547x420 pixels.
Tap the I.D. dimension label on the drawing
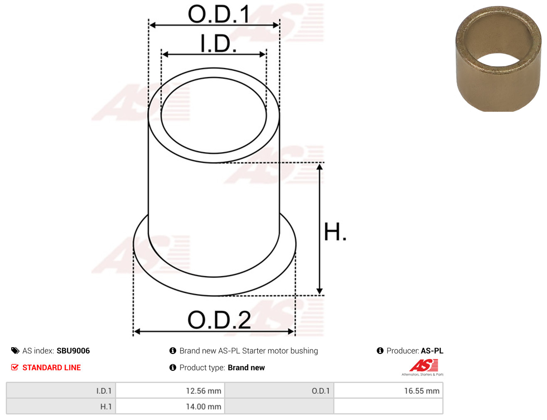pos(218,43)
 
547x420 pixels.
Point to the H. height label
pos(335,231)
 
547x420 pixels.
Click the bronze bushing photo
pos(498,59)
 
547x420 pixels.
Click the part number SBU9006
pos(73,351)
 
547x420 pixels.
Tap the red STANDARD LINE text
pos(52,367)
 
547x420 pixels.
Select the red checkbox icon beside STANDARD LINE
pos(15,367)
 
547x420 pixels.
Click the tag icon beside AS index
pos(15,351)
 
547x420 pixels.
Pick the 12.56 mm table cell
pos(170,391)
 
